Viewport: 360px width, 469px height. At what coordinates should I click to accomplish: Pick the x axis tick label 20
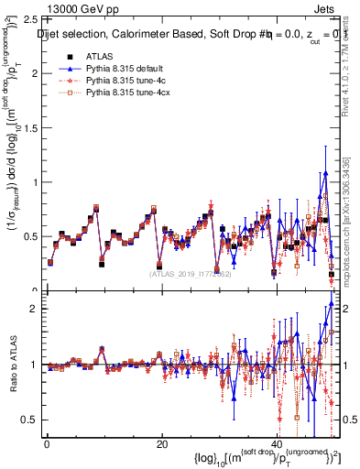click(x=161, y=444)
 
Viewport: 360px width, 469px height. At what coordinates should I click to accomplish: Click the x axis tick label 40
click(x=276, y=444)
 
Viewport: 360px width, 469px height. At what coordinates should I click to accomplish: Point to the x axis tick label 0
click(x=47, y=444)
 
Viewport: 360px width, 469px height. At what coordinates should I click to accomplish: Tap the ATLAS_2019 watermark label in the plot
click(x=191, y=273)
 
